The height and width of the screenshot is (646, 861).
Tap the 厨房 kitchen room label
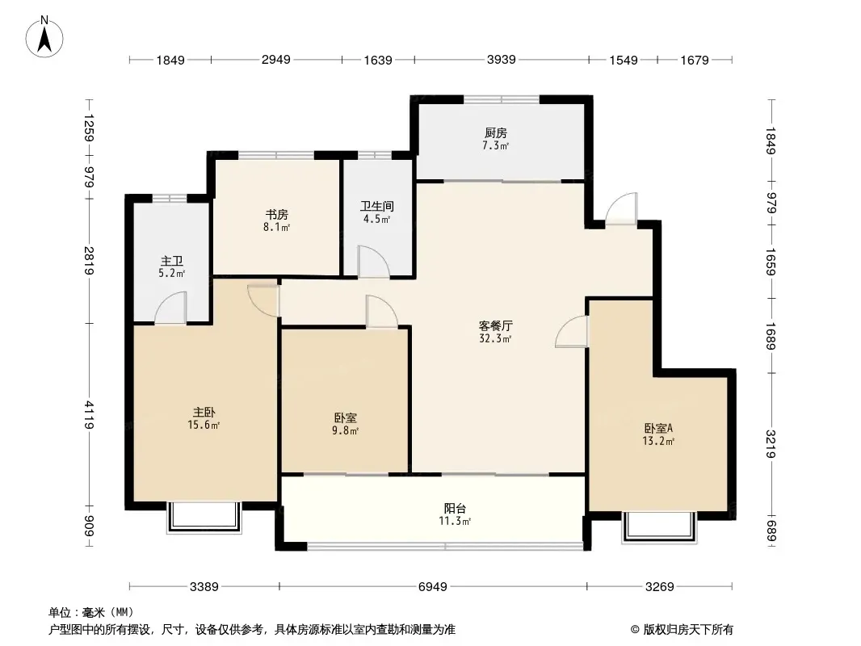pos(495,132)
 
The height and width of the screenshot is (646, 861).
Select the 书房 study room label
pos(277,214)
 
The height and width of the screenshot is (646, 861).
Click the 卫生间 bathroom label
pos(376,207)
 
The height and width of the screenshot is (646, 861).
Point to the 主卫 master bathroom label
pos(171,261)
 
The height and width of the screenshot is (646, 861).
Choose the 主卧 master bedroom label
pos(204,412)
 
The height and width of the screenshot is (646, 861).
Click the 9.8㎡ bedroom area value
pos(345,431)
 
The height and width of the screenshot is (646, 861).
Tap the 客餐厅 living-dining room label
pos(495,326)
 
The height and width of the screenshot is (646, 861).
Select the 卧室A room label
pos(658,428)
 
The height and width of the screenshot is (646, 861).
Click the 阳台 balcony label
pos(456,508)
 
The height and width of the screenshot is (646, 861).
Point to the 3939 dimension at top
pos(501,59)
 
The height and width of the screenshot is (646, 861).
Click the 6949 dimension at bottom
pos(433,587)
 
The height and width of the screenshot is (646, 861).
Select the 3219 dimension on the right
pos(771,444)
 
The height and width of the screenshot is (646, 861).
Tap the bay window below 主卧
pos(204,517)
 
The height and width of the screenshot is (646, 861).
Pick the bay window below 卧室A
pos(659,527)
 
